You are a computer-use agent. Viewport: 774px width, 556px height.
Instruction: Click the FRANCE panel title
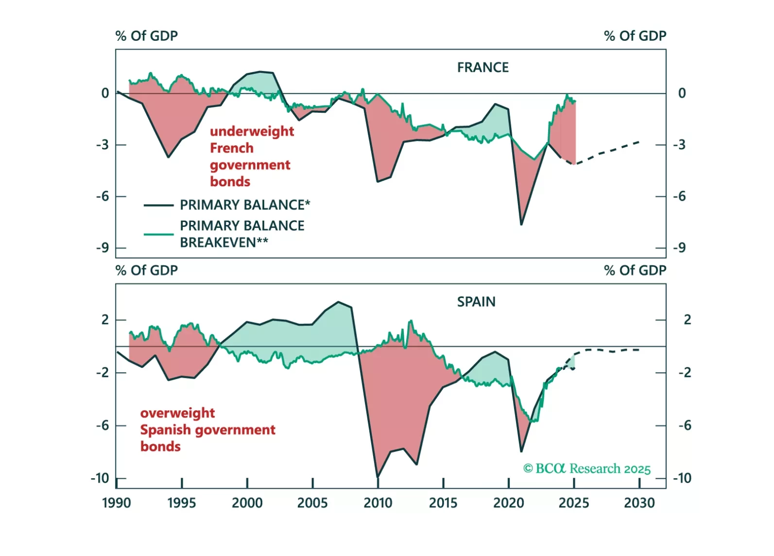tap(482, 68)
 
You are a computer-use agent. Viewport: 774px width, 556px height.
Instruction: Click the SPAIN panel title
tap(476, 302)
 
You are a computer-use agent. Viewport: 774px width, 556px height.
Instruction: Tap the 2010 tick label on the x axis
tap(378, 503)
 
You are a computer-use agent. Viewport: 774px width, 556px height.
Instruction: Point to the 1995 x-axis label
tap(181, 503)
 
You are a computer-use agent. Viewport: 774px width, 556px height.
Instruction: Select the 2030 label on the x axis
tap(639, 503)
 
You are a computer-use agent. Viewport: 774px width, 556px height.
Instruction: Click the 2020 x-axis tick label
tap(508, 503)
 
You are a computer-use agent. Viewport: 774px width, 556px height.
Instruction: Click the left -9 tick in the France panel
tap(103, 248)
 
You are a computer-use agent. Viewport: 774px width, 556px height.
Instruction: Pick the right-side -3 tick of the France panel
tap(679, 145)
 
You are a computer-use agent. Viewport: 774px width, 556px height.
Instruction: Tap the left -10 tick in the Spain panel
tap(100, 478)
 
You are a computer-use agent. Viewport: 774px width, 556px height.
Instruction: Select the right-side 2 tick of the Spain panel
tap(687, 320)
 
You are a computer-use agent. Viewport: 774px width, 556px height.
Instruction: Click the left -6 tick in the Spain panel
tap(103, 426)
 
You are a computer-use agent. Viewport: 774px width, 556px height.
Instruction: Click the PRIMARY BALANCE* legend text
tap(244, 205)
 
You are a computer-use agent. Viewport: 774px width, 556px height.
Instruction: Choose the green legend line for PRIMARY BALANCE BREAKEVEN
tap(158, 234)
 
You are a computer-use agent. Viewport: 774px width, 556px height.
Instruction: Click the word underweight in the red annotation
tap(252, 131)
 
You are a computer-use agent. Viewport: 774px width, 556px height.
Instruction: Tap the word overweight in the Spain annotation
tap(177, 413)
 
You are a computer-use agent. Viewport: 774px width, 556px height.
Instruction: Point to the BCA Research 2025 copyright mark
tap(586, 469)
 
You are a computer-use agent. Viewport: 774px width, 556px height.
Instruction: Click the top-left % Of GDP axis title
tap(146, 36)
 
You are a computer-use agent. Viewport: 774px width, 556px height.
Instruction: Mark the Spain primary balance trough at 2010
tap(378, 477)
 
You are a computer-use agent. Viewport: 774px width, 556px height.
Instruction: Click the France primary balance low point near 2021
tap(521, 224)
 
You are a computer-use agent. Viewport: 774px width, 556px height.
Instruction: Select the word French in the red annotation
tap(232, 148)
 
